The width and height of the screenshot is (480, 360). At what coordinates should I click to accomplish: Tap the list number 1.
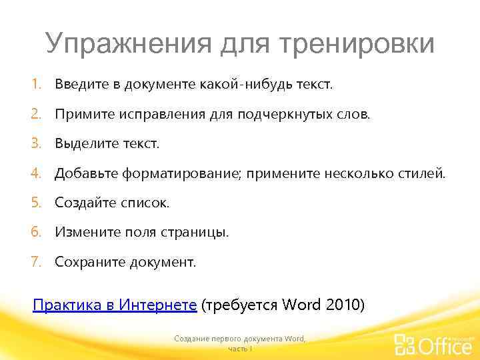tap(36, 85)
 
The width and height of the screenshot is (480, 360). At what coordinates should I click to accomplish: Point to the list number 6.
tap(36, 232)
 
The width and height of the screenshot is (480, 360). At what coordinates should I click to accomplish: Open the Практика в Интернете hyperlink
tap(115, 305)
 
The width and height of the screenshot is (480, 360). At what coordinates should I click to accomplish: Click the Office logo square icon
tap(405, 345)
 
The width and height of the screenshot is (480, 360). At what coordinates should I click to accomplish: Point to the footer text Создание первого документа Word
tap(239, 339)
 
